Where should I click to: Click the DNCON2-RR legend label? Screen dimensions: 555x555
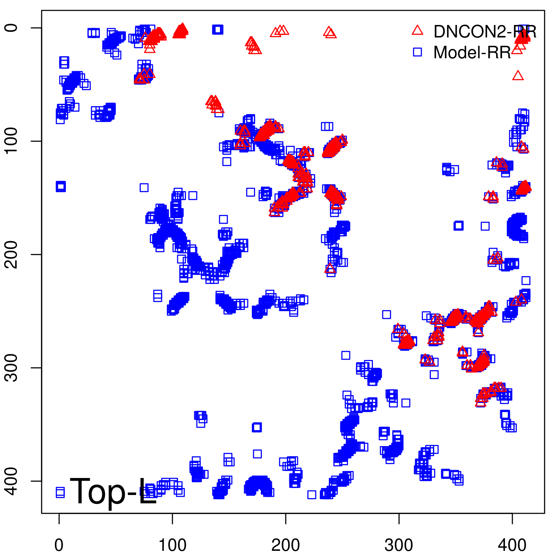click(x=485, y=32)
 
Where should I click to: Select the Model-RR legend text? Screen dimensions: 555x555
click(x=472, y=53)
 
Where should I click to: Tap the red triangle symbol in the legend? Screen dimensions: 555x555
click(x=417, y=31)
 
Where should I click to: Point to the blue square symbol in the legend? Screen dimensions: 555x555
click(x=417, y=52)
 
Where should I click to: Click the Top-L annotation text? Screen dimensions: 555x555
click(x=113, y=491)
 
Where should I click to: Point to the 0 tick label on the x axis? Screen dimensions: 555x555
click(x=59, y=545)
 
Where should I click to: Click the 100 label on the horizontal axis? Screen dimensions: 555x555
click(x=172, y=545)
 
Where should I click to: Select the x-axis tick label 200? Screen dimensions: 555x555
click(x=285, y=545)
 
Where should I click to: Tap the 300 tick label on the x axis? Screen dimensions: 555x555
click(x=399, y=545)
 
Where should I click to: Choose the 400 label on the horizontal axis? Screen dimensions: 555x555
click(x=512, y=545)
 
